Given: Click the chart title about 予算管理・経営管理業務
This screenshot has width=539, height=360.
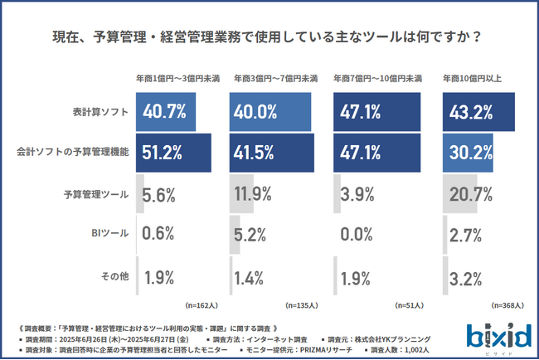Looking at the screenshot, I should [269, 37].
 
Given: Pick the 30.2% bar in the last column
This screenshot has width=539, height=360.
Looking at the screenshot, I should [469, 152].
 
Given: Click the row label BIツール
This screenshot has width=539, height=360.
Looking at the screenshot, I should [110, 234].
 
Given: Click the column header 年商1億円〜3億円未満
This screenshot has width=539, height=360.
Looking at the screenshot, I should [177, 79].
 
